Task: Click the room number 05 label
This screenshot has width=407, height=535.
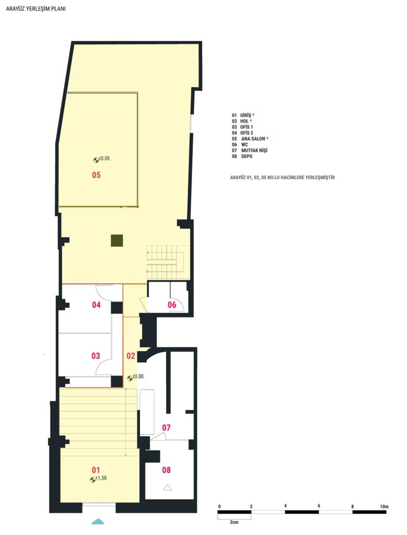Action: pos(96,175)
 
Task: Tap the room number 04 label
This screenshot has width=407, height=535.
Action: pos(96,305)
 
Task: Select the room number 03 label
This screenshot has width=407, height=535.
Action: pos(96,356)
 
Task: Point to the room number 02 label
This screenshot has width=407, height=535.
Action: pos(131,356)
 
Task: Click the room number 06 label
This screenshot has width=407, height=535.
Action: pos(172,305)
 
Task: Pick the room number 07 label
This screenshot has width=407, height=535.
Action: pos(166,427)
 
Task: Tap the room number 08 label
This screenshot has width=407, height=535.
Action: pos(166,470)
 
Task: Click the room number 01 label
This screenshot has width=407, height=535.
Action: pos(96,470)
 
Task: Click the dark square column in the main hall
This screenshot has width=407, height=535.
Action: pos(117,240)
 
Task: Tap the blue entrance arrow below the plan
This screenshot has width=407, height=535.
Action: pos(98,521)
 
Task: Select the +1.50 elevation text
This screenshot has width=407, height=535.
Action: pos(101,478)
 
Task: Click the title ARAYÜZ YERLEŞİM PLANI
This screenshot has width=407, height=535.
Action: pos(36,9)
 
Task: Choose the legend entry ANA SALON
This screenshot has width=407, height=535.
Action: pos(253,139)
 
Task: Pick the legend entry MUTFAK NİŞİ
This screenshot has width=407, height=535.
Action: pos(254,150)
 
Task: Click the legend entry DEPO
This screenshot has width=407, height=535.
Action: pos(247,156)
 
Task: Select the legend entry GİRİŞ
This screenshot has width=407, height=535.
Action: pos(246,115)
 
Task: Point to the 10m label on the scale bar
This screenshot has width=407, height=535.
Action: pos(384,506)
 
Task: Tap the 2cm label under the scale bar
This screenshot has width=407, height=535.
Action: pos(234,522)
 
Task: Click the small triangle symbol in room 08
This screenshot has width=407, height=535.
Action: pos(167,487)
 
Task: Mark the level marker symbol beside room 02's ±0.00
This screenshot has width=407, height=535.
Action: pos(130,378)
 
